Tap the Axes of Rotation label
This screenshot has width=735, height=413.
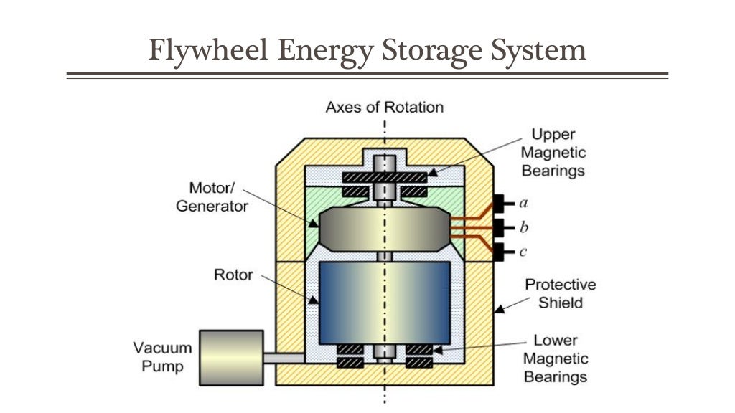click(384, 108)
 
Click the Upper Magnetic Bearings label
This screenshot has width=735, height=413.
click(553, 152)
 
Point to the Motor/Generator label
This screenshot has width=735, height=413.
click(212, 197)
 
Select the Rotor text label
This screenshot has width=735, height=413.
click(233, 275)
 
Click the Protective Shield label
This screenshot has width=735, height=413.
click(560, 293)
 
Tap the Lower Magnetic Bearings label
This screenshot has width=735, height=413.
click(555, 359)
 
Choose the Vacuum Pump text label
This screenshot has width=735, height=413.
click(162, 357)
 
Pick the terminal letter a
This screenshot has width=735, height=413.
click(523, 203)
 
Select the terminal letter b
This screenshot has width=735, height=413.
click(523, 228)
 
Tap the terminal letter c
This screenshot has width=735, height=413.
click(523, 252)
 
